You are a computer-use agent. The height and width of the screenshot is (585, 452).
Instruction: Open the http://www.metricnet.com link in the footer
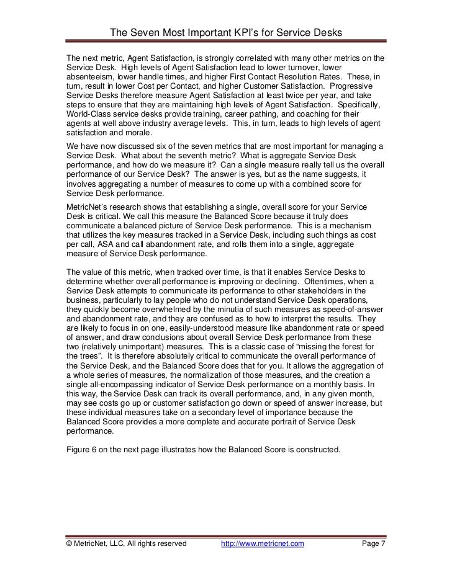[263, 544]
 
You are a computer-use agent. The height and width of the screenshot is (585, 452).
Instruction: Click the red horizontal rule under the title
[226, 44]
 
